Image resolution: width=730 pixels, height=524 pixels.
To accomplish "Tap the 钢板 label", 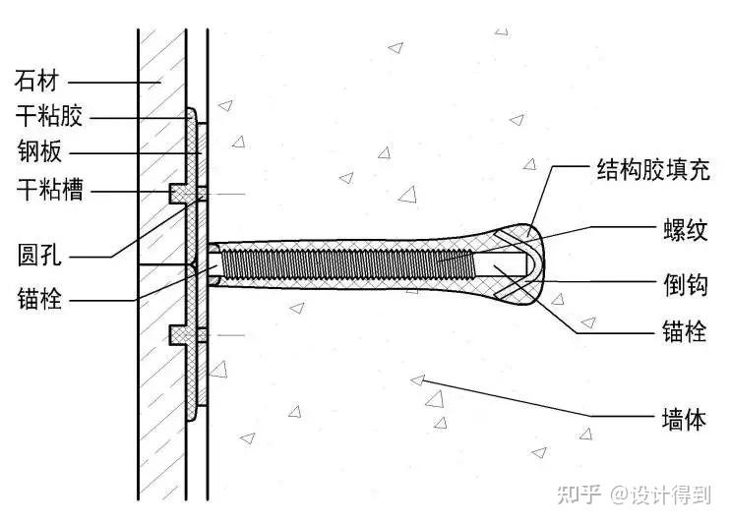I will coord(38,152).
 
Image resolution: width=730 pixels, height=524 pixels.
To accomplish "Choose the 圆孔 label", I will coord(38,257).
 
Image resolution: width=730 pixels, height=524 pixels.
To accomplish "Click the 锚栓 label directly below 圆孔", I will coord(38,298).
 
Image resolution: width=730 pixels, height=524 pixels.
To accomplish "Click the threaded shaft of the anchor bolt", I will coord(344,264).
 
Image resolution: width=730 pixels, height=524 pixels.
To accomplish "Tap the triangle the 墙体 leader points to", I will coord(417,379).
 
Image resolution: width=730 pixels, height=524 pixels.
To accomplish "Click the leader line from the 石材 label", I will coord(108,81).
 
